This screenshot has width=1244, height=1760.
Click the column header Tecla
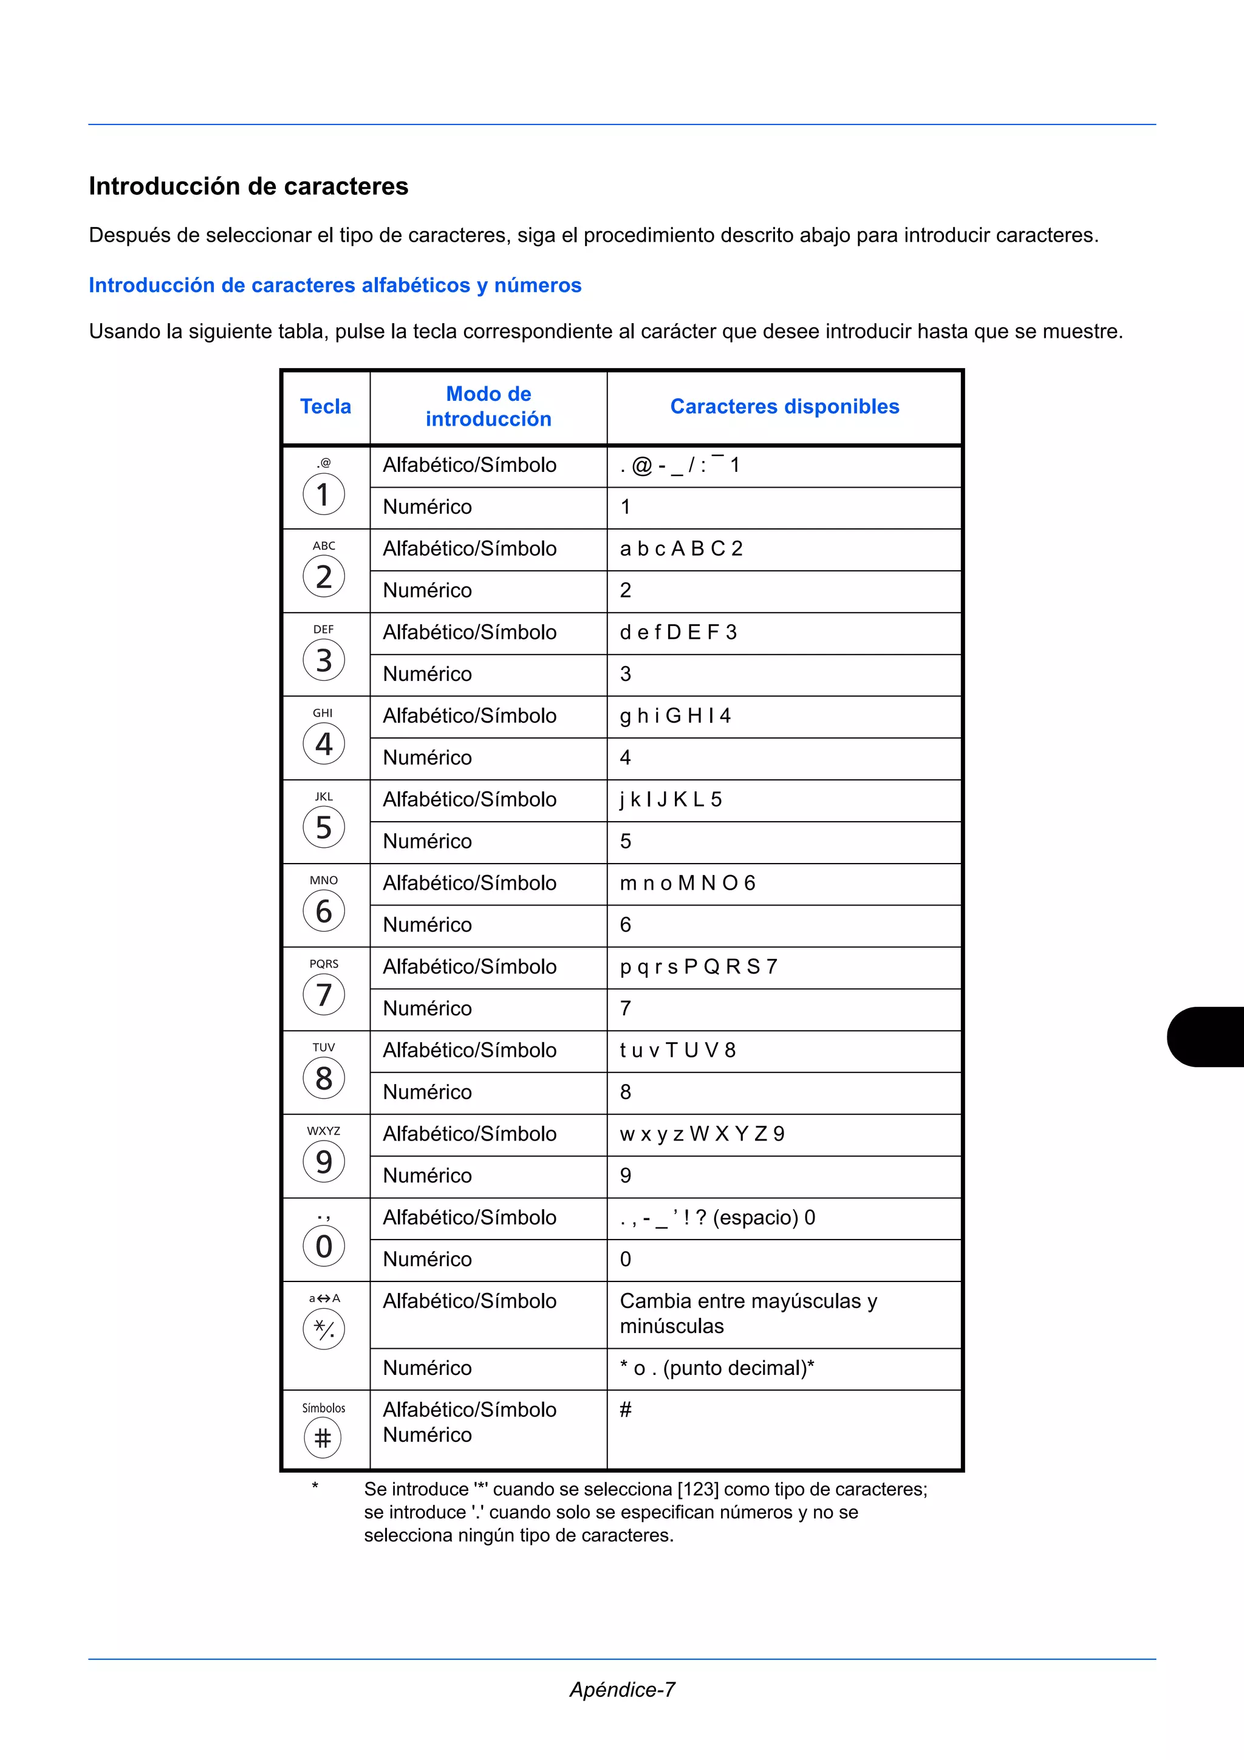326,406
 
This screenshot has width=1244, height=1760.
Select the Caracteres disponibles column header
784,406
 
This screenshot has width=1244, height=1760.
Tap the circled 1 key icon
324,494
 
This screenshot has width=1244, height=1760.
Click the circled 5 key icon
324,828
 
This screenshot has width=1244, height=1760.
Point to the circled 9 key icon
324,1162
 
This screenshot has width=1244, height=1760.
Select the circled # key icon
323,1438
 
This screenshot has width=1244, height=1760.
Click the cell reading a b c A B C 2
681,549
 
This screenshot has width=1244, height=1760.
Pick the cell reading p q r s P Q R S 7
699,967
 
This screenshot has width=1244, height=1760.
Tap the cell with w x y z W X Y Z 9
702,1134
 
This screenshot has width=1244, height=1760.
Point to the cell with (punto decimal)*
737,1368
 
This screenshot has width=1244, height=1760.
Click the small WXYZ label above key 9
324,1131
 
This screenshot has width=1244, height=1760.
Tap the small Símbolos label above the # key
324,1408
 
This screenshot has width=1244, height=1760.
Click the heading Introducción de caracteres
248,186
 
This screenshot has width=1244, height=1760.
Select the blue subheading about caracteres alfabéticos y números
335,285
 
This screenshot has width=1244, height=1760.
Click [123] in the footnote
697,1489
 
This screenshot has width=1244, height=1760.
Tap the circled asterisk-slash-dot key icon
324,1329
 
